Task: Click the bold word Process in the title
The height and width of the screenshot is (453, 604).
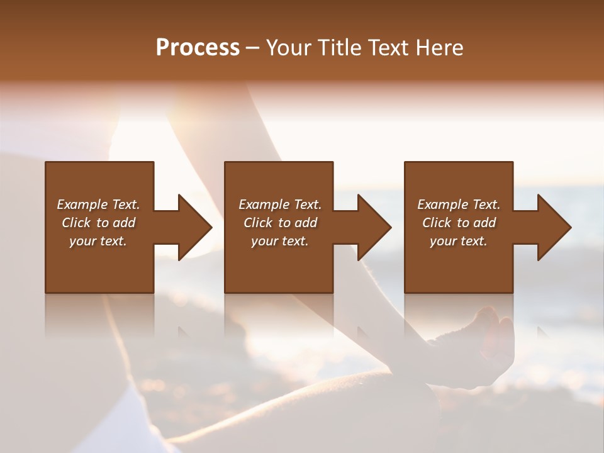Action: tap(198, 48)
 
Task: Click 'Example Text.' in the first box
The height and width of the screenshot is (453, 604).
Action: tap(98, 204)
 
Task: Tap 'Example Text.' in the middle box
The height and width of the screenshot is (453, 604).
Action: tap(279, 204)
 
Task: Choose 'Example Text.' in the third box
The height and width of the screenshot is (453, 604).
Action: tap(459, 204)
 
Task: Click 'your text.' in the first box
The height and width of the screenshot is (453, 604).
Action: tap(98, 241)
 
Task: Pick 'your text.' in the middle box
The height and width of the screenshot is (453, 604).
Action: tap(279, 241)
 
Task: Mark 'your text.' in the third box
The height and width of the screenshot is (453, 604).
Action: tap(459, 241)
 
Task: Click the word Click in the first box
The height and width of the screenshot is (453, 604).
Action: tap(76, 223)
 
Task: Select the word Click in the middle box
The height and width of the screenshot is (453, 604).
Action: tap(258, 223)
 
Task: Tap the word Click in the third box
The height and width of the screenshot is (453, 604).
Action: tap(437, 223)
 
